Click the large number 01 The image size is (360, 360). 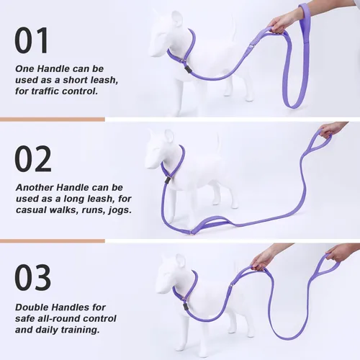[33, 40]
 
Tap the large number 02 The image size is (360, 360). [33, 159]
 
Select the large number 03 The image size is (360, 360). [33, 278]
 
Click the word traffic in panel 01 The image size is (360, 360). [49, 92]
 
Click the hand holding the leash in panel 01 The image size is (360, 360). [284, 22]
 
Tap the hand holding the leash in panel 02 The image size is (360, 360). [330, 129]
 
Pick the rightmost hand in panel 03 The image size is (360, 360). [338, 253]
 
